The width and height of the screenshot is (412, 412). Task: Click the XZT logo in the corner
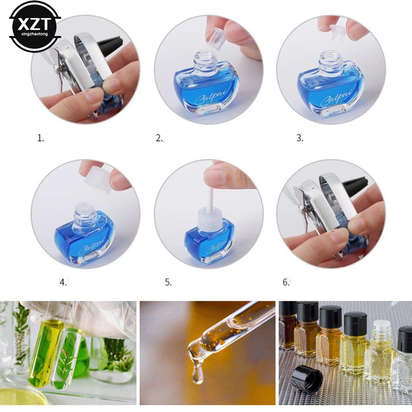coord(35,26)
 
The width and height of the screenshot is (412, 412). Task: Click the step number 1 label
coord(40,139)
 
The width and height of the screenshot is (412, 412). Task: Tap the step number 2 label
coord(159,139)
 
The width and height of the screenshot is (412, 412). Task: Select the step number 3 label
coord(300,139)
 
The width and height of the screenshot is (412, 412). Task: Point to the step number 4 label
coord(63,283)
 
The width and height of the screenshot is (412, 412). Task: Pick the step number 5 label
coord(168,283)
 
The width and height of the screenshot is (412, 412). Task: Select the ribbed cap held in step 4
coord(98,180)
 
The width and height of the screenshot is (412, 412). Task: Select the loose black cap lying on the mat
coord(306,378)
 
